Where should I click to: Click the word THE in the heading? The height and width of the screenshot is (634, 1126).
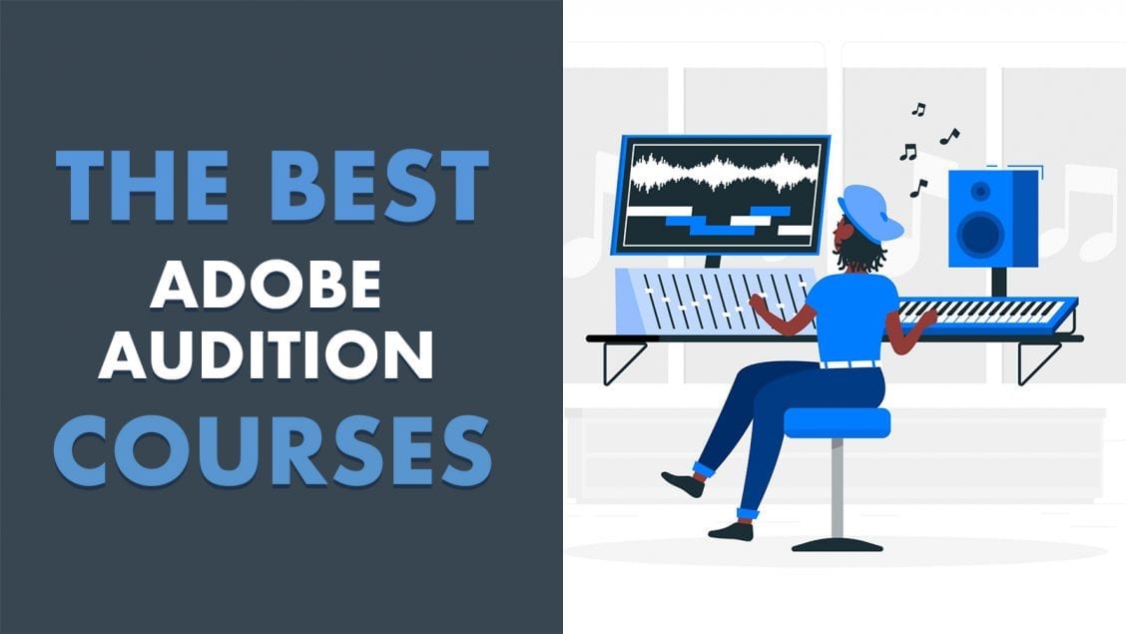pos(142,187)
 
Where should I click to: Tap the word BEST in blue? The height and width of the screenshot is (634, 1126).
pos(379,187)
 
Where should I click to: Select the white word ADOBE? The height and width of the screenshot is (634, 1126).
pos(265,285)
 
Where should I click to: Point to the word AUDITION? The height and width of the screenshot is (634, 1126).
pos(266,354)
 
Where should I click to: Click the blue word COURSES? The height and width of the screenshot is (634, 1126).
pos(273,451)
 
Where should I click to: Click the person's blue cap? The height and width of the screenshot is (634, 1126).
pos(869,213)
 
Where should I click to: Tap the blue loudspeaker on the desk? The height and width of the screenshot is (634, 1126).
pos(993,219)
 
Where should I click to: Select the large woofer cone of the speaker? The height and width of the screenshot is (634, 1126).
pos(981,234)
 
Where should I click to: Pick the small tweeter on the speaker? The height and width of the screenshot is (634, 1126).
pos(980,191)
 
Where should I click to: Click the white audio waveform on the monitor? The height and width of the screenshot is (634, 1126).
pos(724,173)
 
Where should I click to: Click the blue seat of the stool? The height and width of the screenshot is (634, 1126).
pos(837,422)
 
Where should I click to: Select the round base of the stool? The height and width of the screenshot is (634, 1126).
pos(838,544)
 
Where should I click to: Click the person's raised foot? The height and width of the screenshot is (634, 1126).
pos(683,483)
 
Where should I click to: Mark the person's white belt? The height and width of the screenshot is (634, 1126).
pos(850,364)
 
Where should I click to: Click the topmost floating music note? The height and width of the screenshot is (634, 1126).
pos(918,109)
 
